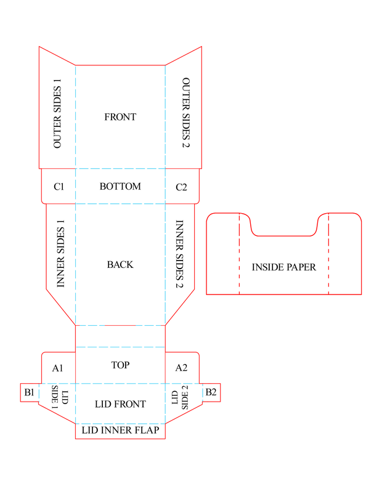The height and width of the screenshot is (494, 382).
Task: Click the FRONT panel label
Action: pos(120,117)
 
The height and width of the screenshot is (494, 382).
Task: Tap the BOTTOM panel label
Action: pos(120,186)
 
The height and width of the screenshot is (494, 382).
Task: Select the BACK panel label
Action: pos(120,264)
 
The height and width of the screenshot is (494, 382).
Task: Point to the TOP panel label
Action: pos(120,365)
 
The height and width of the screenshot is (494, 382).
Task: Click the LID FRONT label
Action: pos(120,404)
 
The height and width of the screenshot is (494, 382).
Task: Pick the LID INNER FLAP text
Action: pos(120,431)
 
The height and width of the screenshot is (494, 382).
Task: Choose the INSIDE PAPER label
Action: pos(284,267)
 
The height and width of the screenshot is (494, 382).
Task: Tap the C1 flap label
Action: pos(59,187)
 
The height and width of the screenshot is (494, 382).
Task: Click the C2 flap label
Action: pos(181,187)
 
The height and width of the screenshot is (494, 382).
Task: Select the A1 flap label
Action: pos(58,368)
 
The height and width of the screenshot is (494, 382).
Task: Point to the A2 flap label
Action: pos(181,368)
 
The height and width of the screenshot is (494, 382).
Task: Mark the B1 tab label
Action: pos(29,392)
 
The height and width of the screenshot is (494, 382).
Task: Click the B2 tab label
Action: pos(211,392)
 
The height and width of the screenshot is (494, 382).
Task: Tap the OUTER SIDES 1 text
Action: pos(58,117)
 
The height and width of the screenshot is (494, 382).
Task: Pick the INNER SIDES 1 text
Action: pos(60,254)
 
